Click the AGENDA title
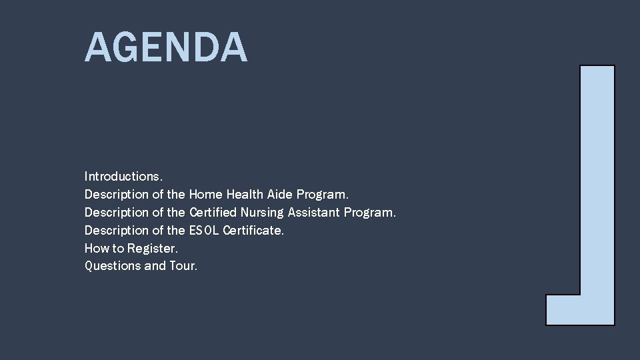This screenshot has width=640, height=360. (166, 47)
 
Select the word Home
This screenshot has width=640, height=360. (205, 195)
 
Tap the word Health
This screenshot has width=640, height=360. (245, 195)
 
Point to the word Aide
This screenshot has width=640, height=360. (280, 195)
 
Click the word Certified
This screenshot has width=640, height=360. (213, 213)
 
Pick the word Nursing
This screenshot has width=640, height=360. (261, 213)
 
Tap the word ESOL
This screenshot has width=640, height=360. (204, 231)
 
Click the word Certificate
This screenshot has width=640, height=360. (253, 231)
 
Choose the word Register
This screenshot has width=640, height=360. (153, 249)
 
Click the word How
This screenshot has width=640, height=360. (95, 249)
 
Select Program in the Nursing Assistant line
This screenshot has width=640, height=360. (370, 213)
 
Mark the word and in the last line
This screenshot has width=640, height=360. (155, 266)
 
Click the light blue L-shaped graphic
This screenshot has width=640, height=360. (597, 187)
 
